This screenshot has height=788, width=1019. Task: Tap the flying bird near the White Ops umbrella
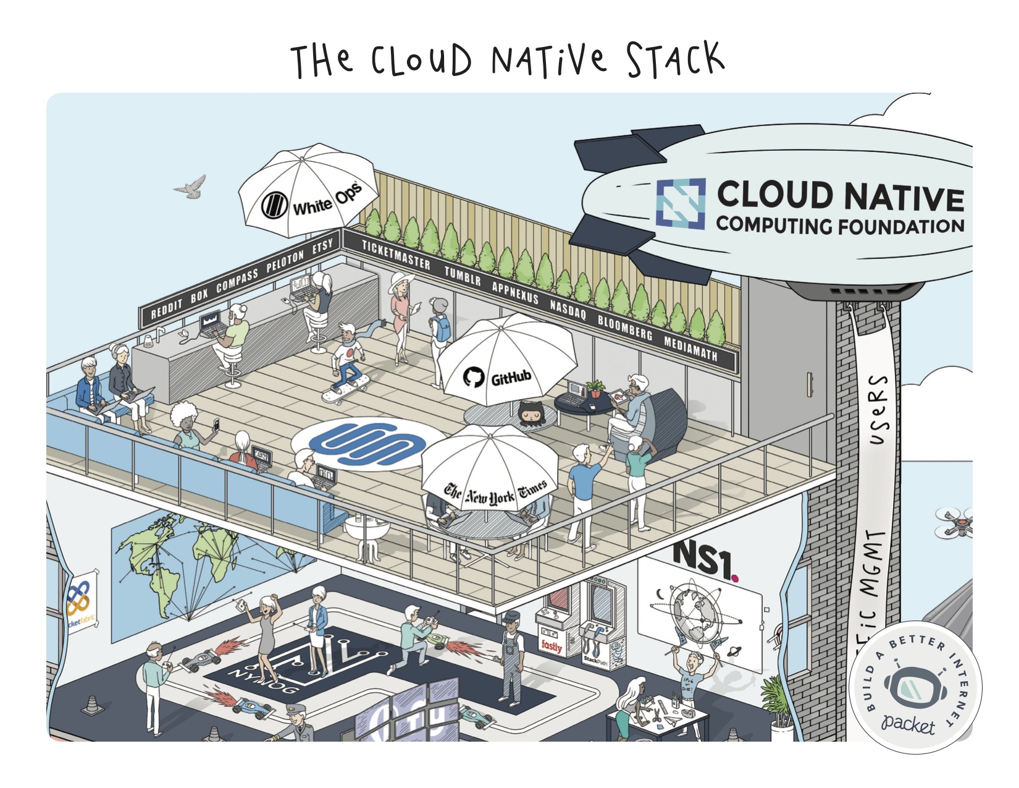coord(191,187)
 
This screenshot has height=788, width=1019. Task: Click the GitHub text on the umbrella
coord(511,378)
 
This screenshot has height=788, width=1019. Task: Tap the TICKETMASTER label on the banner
coord(396,255)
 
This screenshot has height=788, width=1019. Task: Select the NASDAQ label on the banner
coord(568,307)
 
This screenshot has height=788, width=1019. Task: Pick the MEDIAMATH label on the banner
coord(690,347)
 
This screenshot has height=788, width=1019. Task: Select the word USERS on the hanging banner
coord(879,410)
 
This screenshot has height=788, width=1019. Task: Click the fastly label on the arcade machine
coord(551,646)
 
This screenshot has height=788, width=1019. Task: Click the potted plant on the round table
coord(595,388)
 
